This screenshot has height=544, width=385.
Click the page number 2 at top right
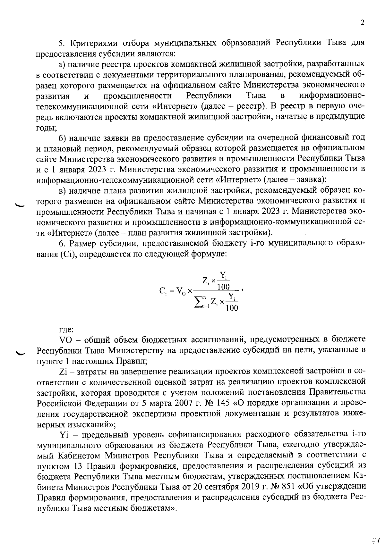(363, 23)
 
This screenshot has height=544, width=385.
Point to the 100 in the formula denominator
(232, 308)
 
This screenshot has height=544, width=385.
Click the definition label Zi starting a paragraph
(63, 372)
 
